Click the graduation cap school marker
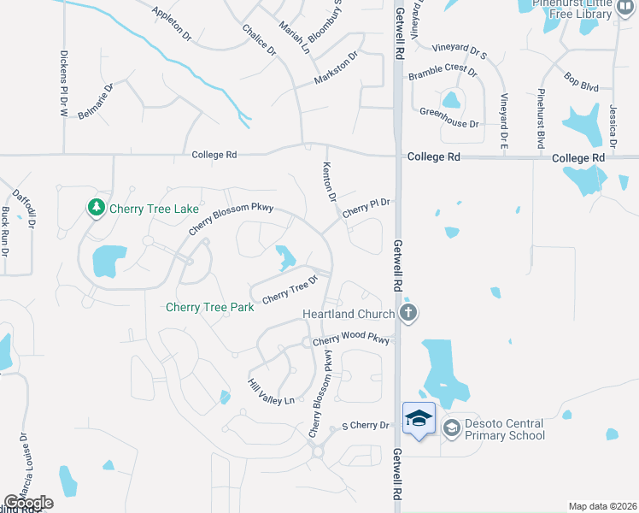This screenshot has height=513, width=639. [419, 419]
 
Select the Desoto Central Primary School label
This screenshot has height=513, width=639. [503, 429]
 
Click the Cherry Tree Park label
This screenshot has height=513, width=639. [209, 308]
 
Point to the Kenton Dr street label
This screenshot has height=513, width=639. [329, 181]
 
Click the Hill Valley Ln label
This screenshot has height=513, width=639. [271, 392]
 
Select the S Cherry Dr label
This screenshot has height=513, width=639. [365, 425]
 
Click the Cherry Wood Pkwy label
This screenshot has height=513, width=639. [351, 339]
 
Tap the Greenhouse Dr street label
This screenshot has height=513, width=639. [449, 112]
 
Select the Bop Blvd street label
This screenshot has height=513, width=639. [581, 82]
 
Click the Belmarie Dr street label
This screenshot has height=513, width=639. [96, 102]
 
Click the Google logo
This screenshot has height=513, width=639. [29, 503]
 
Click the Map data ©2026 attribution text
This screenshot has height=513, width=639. [602, 506]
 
